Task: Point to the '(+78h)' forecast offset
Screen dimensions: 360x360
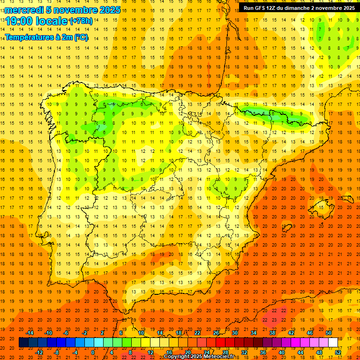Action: [x=81, y=21]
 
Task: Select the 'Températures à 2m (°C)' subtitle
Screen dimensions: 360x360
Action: [x=46, y=37]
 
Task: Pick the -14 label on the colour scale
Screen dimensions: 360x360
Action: [x=30, y=332]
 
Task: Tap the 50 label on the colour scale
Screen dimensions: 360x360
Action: [x=328, y=332]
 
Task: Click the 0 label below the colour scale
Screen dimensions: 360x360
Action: [x=93, y=352]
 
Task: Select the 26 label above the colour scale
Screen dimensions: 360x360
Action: [x=216, y=332]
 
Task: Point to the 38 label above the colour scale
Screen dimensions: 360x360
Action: [x=272, y=332]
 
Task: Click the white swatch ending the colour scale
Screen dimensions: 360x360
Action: [x=333, y=342]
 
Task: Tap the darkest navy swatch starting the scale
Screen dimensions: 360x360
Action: [x=23, y=342]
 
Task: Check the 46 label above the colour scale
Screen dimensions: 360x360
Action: [x=309, y=332]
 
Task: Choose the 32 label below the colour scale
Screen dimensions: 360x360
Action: [x=244, y=352]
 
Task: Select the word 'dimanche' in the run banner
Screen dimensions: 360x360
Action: [x=295, y=8]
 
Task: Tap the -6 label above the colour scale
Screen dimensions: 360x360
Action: [x=67, y=332]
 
